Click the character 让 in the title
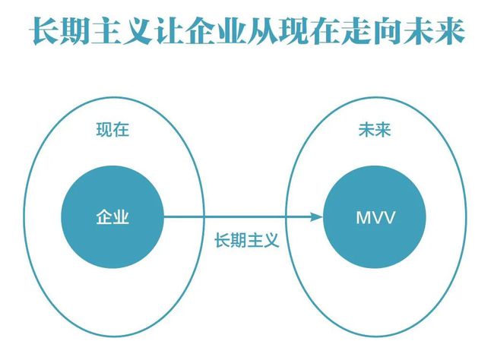169,31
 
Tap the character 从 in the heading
263,31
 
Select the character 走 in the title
356,31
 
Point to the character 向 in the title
387,31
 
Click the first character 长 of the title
45,31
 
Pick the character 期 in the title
76,31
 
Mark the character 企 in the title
201,31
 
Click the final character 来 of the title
450,31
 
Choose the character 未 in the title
419,31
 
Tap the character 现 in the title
294,31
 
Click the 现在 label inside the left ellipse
112,129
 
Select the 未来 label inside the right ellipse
375,129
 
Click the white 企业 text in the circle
112,217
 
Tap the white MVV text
375,217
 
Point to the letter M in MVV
363,217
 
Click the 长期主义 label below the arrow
247,240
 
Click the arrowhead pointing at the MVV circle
316,216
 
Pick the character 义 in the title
138,31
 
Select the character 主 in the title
107,31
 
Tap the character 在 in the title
325,31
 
